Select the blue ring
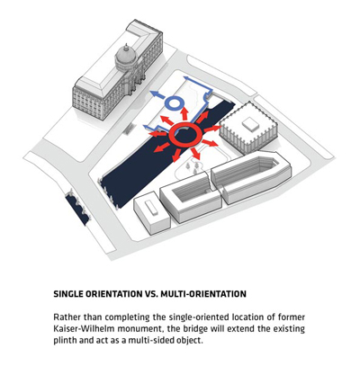167,103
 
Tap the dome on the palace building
125,57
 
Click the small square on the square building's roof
250,124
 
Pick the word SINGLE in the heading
68,294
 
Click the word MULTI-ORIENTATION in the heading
203,294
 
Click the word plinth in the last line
65,341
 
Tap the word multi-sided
151,341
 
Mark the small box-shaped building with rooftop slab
152,212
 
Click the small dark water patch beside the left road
77,207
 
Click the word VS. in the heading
151,294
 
